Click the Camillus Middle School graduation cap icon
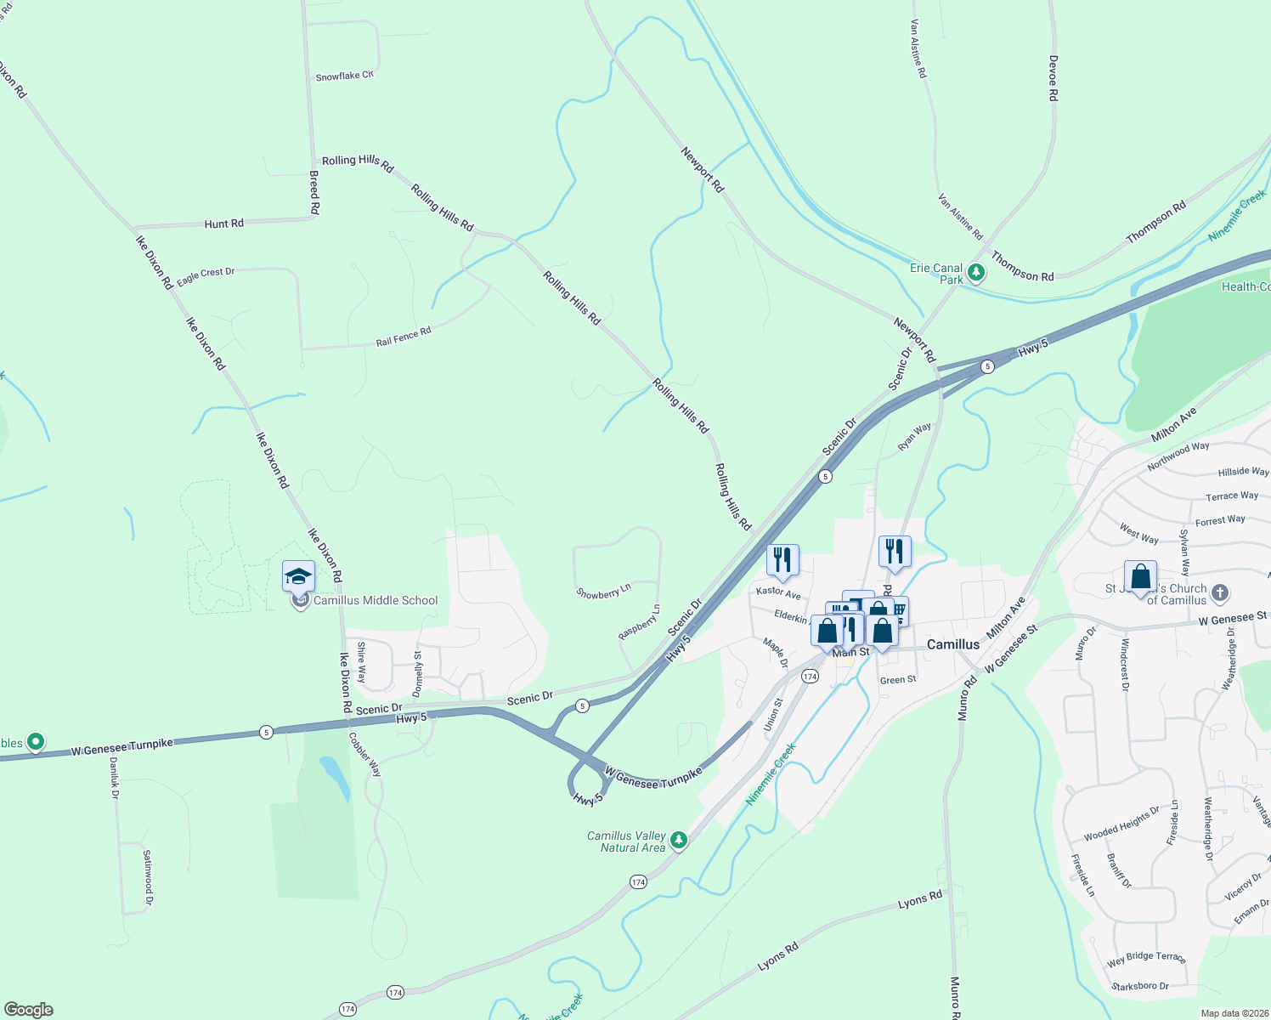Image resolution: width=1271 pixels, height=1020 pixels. [298, 577]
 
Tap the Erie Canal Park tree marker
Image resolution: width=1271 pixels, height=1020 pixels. [976, 273]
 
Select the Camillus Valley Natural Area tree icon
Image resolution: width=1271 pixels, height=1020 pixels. [678, 841]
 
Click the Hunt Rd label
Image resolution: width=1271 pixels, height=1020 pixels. [223, 224]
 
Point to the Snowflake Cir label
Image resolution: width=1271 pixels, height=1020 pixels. [344, 76]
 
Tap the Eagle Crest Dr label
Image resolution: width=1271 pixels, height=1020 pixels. [206, 275]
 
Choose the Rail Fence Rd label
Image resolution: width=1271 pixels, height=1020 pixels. [404, 337]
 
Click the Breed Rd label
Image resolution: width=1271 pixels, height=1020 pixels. [314, 192]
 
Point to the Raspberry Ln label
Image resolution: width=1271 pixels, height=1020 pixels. [639, 622]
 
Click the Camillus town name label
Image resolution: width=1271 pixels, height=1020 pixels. [952, 644]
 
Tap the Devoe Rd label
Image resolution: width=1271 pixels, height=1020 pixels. [1054, 78]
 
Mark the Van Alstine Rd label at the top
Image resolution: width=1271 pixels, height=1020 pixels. [918, 49]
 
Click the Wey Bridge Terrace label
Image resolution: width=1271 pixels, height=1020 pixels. [1146, 959]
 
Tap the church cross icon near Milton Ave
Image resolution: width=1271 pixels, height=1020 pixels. [1220, 592]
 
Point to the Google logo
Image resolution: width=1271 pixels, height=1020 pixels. [28, 1010]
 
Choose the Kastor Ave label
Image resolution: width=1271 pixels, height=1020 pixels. [778, 592]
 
